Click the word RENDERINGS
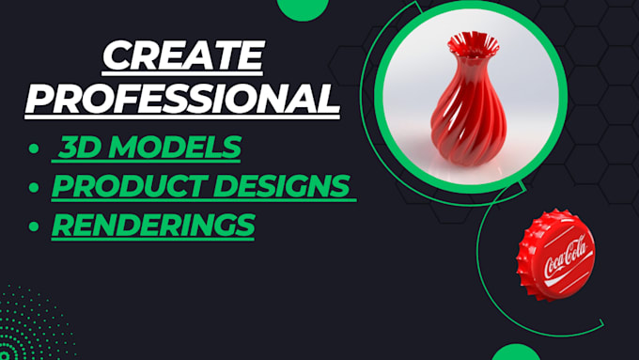click(152, 225)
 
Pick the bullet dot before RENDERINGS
click(35, 227)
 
